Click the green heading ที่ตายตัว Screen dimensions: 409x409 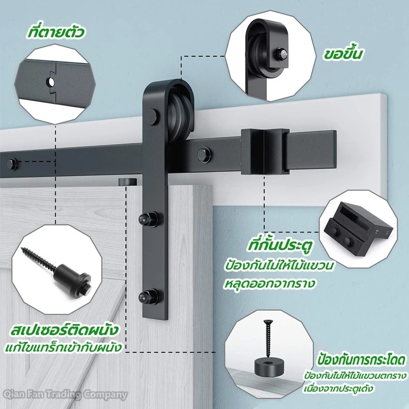pyautogui.click(x=56, y=33)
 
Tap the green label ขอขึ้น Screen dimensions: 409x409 pyautogui.click(x=344, y=54)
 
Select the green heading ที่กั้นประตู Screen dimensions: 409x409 pyautogui.click(x=280, y=245)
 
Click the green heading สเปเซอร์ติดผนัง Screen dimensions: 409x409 pyautogui.click(x=63, y=330)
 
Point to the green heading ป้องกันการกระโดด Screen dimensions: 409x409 pyautogui.click(x=362, y=360)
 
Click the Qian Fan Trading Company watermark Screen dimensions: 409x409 pyautogui.click(x=64, y=394)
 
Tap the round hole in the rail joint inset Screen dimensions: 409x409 pyautogui.click(x=51, y=83)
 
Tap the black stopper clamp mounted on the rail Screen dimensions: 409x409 pyautogui.click(x=265, y=151)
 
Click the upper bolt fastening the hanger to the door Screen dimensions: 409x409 pyautogui.click(x=148, y=219)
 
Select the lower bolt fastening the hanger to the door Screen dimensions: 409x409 pyautogui.click(x=148, y=296)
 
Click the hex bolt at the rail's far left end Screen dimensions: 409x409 pyautogui.click(x=12, y=165)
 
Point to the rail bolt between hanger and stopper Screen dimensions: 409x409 pyautogui.click(x=204, y=155)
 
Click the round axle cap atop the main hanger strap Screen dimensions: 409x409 pyautogui.click(x=153, y=117)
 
